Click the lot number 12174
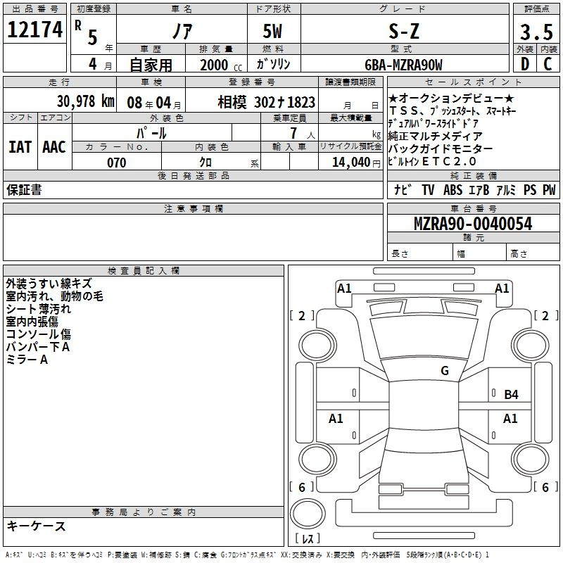(x=34, y=30)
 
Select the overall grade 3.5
(x=536, y=32)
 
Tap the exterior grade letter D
(x=525, y=64)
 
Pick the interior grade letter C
(x=548, y=64)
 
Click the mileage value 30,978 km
(x=86, y=101)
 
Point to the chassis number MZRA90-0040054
(x=473, y=224)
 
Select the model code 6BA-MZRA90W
(x=403, y=65)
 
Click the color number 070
(x=117, y=163)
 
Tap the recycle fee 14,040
(x=351, y=163)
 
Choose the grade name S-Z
(x=404, y=31)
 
